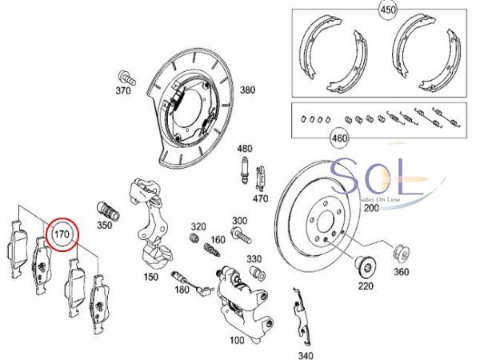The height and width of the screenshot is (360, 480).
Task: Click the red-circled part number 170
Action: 62,234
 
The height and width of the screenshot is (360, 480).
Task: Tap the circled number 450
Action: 388,10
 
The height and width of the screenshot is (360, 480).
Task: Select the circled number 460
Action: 339,138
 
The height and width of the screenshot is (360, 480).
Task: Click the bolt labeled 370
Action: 126,78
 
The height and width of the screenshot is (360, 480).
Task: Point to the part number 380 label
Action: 247,90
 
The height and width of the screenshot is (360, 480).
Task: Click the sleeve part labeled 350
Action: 108,210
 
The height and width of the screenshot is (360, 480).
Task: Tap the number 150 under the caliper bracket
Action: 151,277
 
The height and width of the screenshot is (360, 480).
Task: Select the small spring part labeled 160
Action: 212,250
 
